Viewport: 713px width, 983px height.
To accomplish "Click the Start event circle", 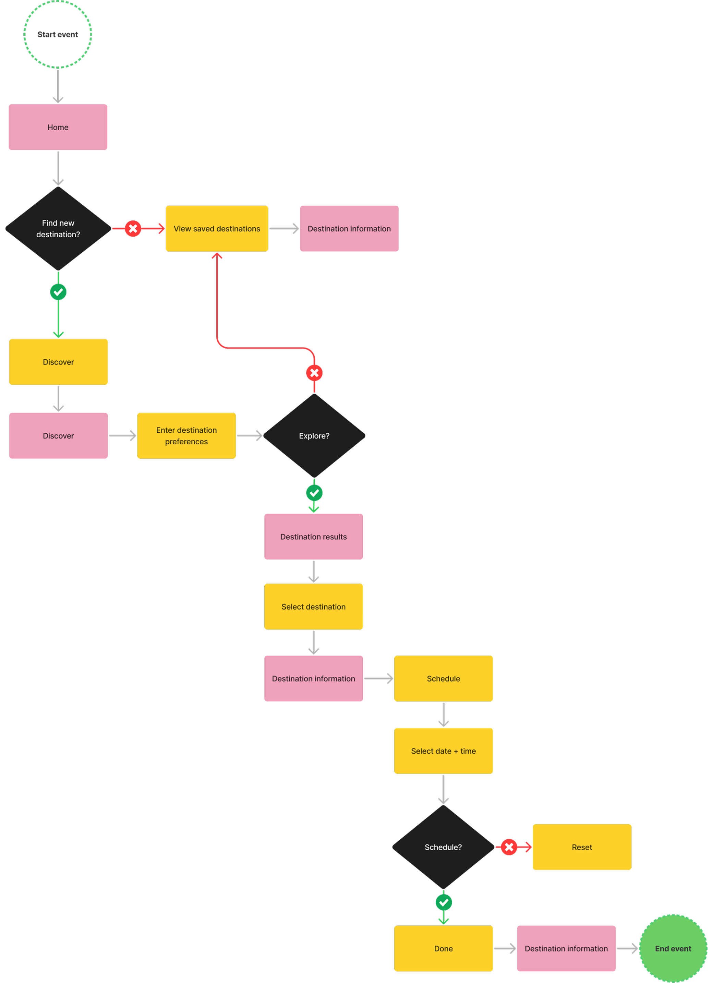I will (58, 34).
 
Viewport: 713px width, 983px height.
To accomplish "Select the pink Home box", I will (58, 127).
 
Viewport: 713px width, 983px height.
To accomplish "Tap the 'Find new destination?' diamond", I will (58, 228).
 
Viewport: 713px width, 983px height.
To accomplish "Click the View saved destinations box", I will (217, 228).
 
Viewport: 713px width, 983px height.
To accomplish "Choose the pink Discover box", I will (58, 435).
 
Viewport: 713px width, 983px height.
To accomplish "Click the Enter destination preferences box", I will (186, 435).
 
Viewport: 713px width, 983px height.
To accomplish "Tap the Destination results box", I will (313, 536).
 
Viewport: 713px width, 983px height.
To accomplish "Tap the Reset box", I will (581, 847).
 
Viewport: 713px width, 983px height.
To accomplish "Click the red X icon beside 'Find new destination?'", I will (133, 228).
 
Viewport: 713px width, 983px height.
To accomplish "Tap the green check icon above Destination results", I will (314, 493).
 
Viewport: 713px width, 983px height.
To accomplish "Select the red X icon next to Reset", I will (509, 847).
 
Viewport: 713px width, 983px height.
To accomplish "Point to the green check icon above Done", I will (444, 902).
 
